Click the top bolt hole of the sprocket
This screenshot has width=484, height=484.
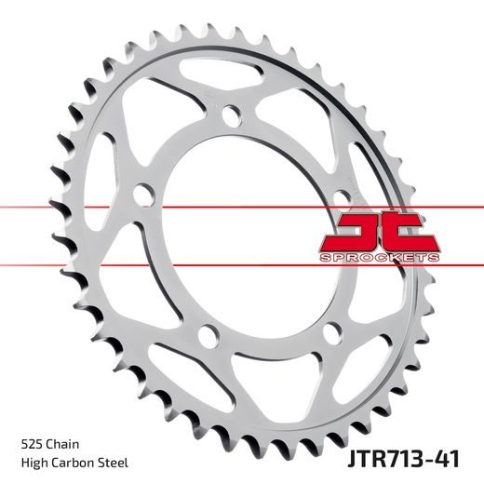(229, 114)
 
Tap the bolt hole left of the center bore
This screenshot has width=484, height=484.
(142, 195)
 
